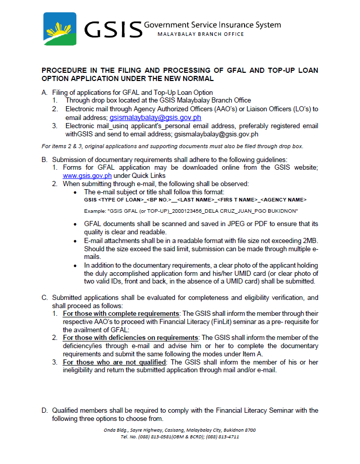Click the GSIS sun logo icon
pyautogui.click(x=61, y=28)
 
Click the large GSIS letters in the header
pyautogui.click(x=113, y=29)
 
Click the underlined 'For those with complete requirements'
pyautogui.click(x=121, y=313)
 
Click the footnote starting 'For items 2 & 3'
pyautogui.click(x=172, y=146)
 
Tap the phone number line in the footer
pyautogui.click(x=180, y=437)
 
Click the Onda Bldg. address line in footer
pyautogui.click(x=180, y=430)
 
